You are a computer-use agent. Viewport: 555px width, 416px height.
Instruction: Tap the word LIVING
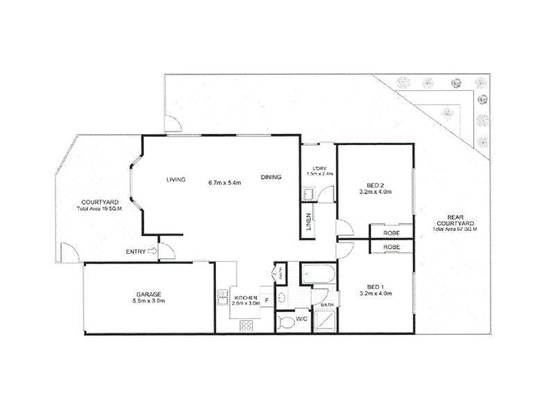click(176, 180)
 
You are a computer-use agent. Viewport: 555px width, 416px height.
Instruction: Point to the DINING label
click(271, 177)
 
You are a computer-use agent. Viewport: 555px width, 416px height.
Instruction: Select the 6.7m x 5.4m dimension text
click(224, 183)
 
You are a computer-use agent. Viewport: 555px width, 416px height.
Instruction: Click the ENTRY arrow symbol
click(152, 252)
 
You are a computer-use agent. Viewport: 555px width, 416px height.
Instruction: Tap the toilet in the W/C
click(284, 322)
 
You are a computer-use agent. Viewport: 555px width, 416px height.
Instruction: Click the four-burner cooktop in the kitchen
click(246, 325)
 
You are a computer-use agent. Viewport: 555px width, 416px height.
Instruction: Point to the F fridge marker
click(266, 302)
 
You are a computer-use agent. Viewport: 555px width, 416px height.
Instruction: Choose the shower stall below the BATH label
click(325, 320)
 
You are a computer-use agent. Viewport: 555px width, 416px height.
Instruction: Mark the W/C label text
click(302, 320)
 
